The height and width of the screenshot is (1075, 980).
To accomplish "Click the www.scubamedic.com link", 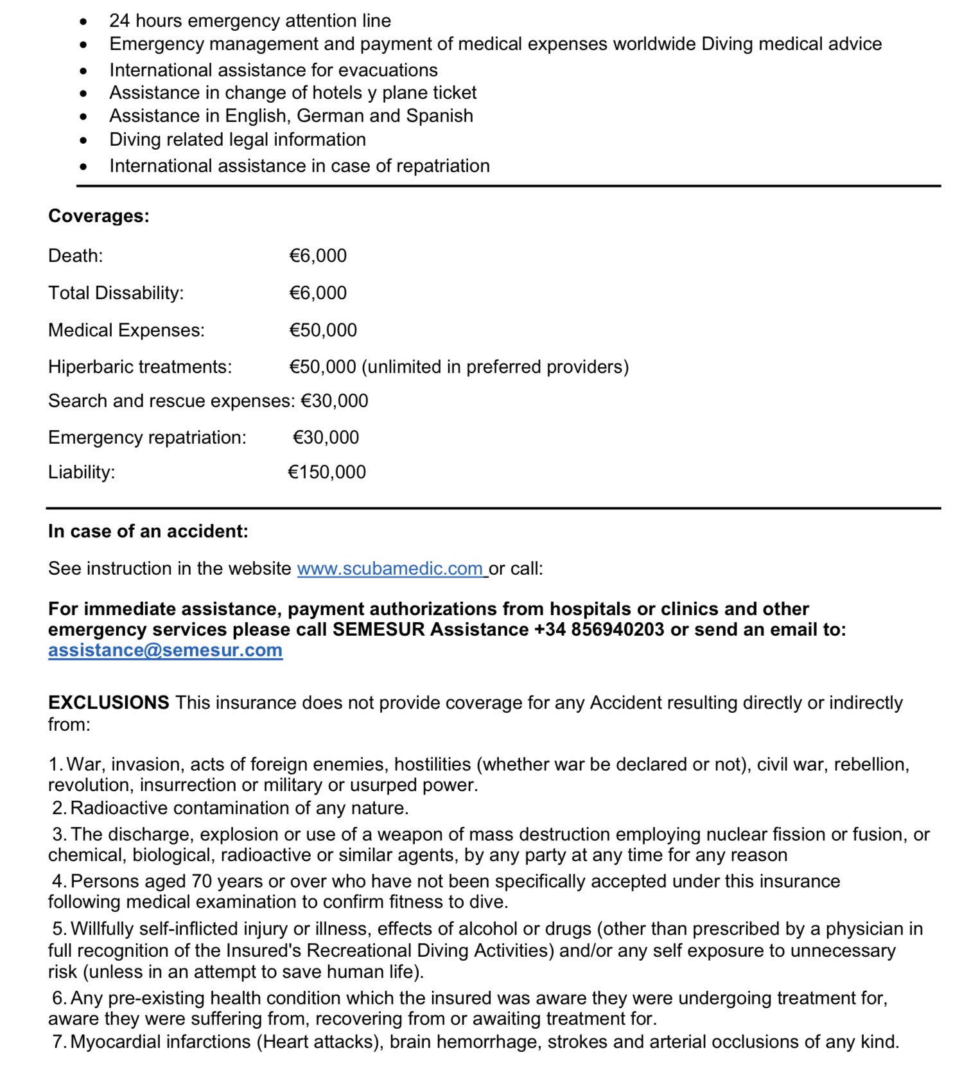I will tap(390, 569).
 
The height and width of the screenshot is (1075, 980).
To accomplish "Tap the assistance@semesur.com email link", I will tap(165, 651).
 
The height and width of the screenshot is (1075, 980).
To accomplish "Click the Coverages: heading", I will tap(99, 216).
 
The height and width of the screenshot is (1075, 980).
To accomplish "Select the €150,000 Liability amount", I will tap(327, 473).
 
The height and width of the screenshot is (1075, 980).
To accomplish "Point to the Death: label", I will tap(75, 256).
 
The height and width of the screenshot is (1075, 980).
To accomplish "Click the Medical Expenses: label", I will tap(127, 331).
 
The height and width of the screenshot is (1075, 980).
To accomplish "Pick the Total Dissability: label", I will tap(116, 293).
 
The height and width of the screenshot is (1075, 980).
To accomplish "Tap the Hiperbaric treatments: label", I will tap(140, 367).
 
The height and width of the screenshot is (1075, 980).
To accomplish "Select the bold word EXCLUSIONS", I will tap(109, 703).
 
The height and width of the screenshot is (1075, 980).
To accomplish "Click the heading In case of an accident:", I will tap(148, 532).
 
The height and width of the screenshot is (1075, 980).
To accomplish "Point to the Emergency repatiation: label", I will tap(147, 438).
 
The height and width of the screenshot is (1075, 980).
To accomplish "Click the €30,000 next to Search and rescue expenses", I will tap(335, 401).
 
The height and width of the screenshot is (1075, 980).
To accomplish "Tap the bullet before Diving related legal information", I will tap(83, 140).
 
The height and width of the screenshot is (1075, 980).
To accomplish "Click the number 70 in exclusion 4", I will tap(202, 882).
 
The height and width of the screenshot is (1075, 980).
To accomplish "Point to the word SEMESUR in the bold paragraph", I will tap(379, 630).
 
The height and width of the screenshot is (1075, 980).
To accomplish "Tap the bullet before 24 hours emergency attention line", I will tap(83, 21).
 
